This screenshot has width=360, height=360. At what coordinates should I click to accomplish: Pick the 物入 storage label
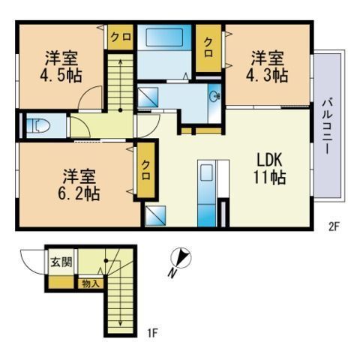[x=88, y=283]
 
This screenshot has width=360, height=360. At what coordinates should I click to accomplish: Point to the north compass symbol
[x=181, y=259]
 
